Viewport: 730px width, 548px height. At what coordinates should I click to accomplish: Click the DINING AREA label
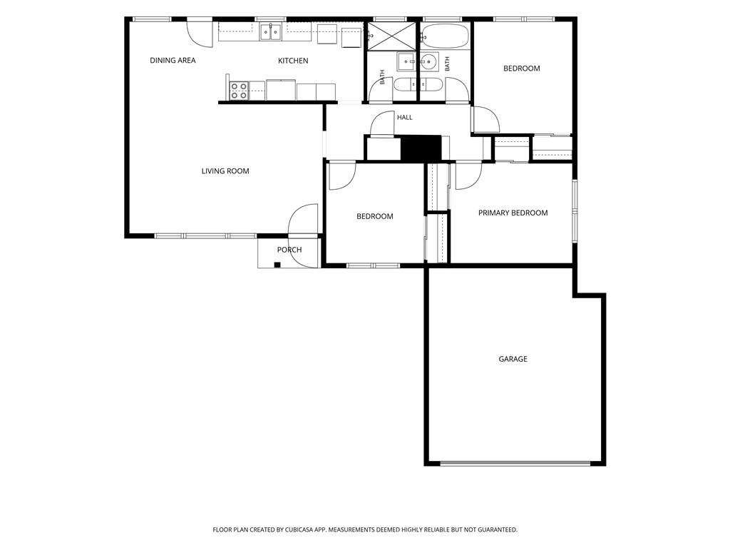[x=173, y=60]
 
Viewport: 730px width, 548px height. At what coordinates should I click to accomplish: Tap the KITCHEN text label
[x=293, y=61]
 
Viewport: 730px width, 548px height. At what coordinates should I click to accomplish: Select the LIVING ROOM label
[x=225, y=171]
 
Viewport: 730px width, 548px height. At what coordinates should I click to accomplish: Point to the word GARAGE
[x=513, y=359]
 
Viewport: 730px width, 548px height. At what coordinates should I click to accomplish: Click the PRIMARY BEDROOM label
[x=513, y=213]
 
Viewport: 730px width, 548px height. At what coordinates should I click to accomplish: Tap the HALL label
[x=405, y=118]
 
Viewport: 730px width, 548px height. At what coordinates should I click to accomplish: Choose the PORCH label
[x=289, y=250]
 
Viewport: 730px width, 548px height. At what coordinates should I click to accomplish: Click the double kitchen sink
[x=270, y=32]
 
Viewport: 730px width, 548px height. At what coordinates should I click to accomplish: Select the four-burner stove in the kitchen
[x=239, y=91]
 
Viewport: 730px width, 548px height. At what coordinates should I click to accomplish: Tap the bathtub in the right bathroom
[x=445, y=36]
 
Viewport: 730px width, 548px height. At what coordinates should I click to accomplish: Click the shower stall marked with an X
[x=391, y=36]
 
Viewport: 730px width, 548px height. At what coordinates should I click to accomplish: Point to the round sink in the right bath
[x=429, y=61]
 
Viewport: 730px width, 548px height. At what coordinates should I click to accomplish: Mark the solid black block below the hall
[x=421, y=148]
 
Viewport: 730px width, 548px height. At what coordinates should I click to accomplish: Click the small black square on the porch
[x=277, y=265]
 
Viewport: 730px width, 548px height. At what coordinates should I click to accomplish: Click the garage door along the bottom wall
[x=515, y=464]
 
